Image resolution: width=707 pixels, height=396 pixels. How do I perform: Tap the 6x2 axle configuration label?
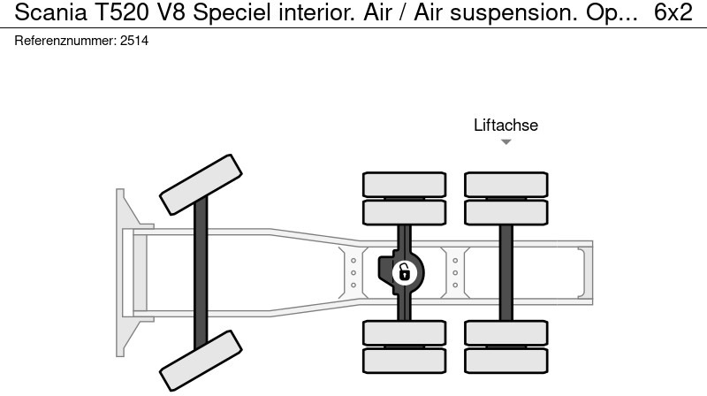(x=673, y=12)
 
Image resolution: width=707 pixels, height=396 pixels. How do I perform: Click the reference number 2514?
(x=135, y=41)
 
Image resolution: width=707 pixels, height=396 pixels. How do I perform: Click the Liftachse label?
(x=506, y=126)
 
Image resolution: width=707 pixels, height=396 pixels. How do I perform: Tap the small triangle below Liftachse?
(x=506, y=142)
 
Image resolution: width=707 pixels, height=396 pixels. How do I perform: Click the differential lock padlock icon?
(x=403, y=272)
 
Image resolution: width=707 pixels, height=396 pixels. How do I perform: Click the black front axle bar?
(x=201, y=270)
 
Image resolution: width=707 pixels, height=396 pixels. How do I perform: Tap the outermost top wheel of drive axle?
(x=404, y=184)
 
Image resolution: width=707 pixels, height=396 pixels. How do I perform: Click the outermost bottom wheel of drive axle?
(x=404, y=360)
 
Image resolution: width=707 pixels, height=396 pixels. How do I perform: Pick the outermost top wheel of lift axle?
(x=506, y=184)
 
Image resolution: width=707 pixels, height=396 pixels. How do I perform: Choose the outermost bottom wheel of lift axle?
(x=506, y=360)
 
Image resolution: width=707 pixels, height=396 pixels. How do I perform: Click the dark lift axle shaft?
(x=506, y=272)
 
